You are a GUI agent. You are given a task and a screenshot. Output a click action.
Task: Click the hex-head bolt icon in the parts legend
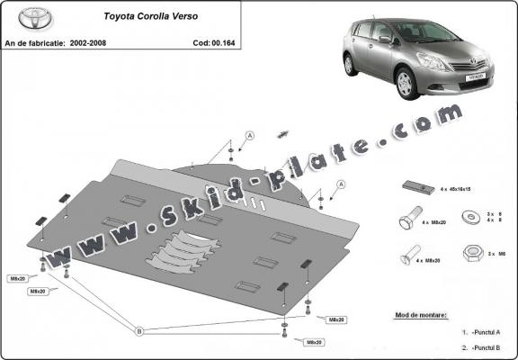(x=407, y=220)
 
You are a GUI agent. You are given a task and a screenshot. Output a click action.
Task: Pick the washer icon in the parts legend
(x=470, y=217)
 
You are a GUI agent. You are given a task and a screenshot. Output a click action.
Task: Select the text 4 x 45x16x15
(x=457, y=190)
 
